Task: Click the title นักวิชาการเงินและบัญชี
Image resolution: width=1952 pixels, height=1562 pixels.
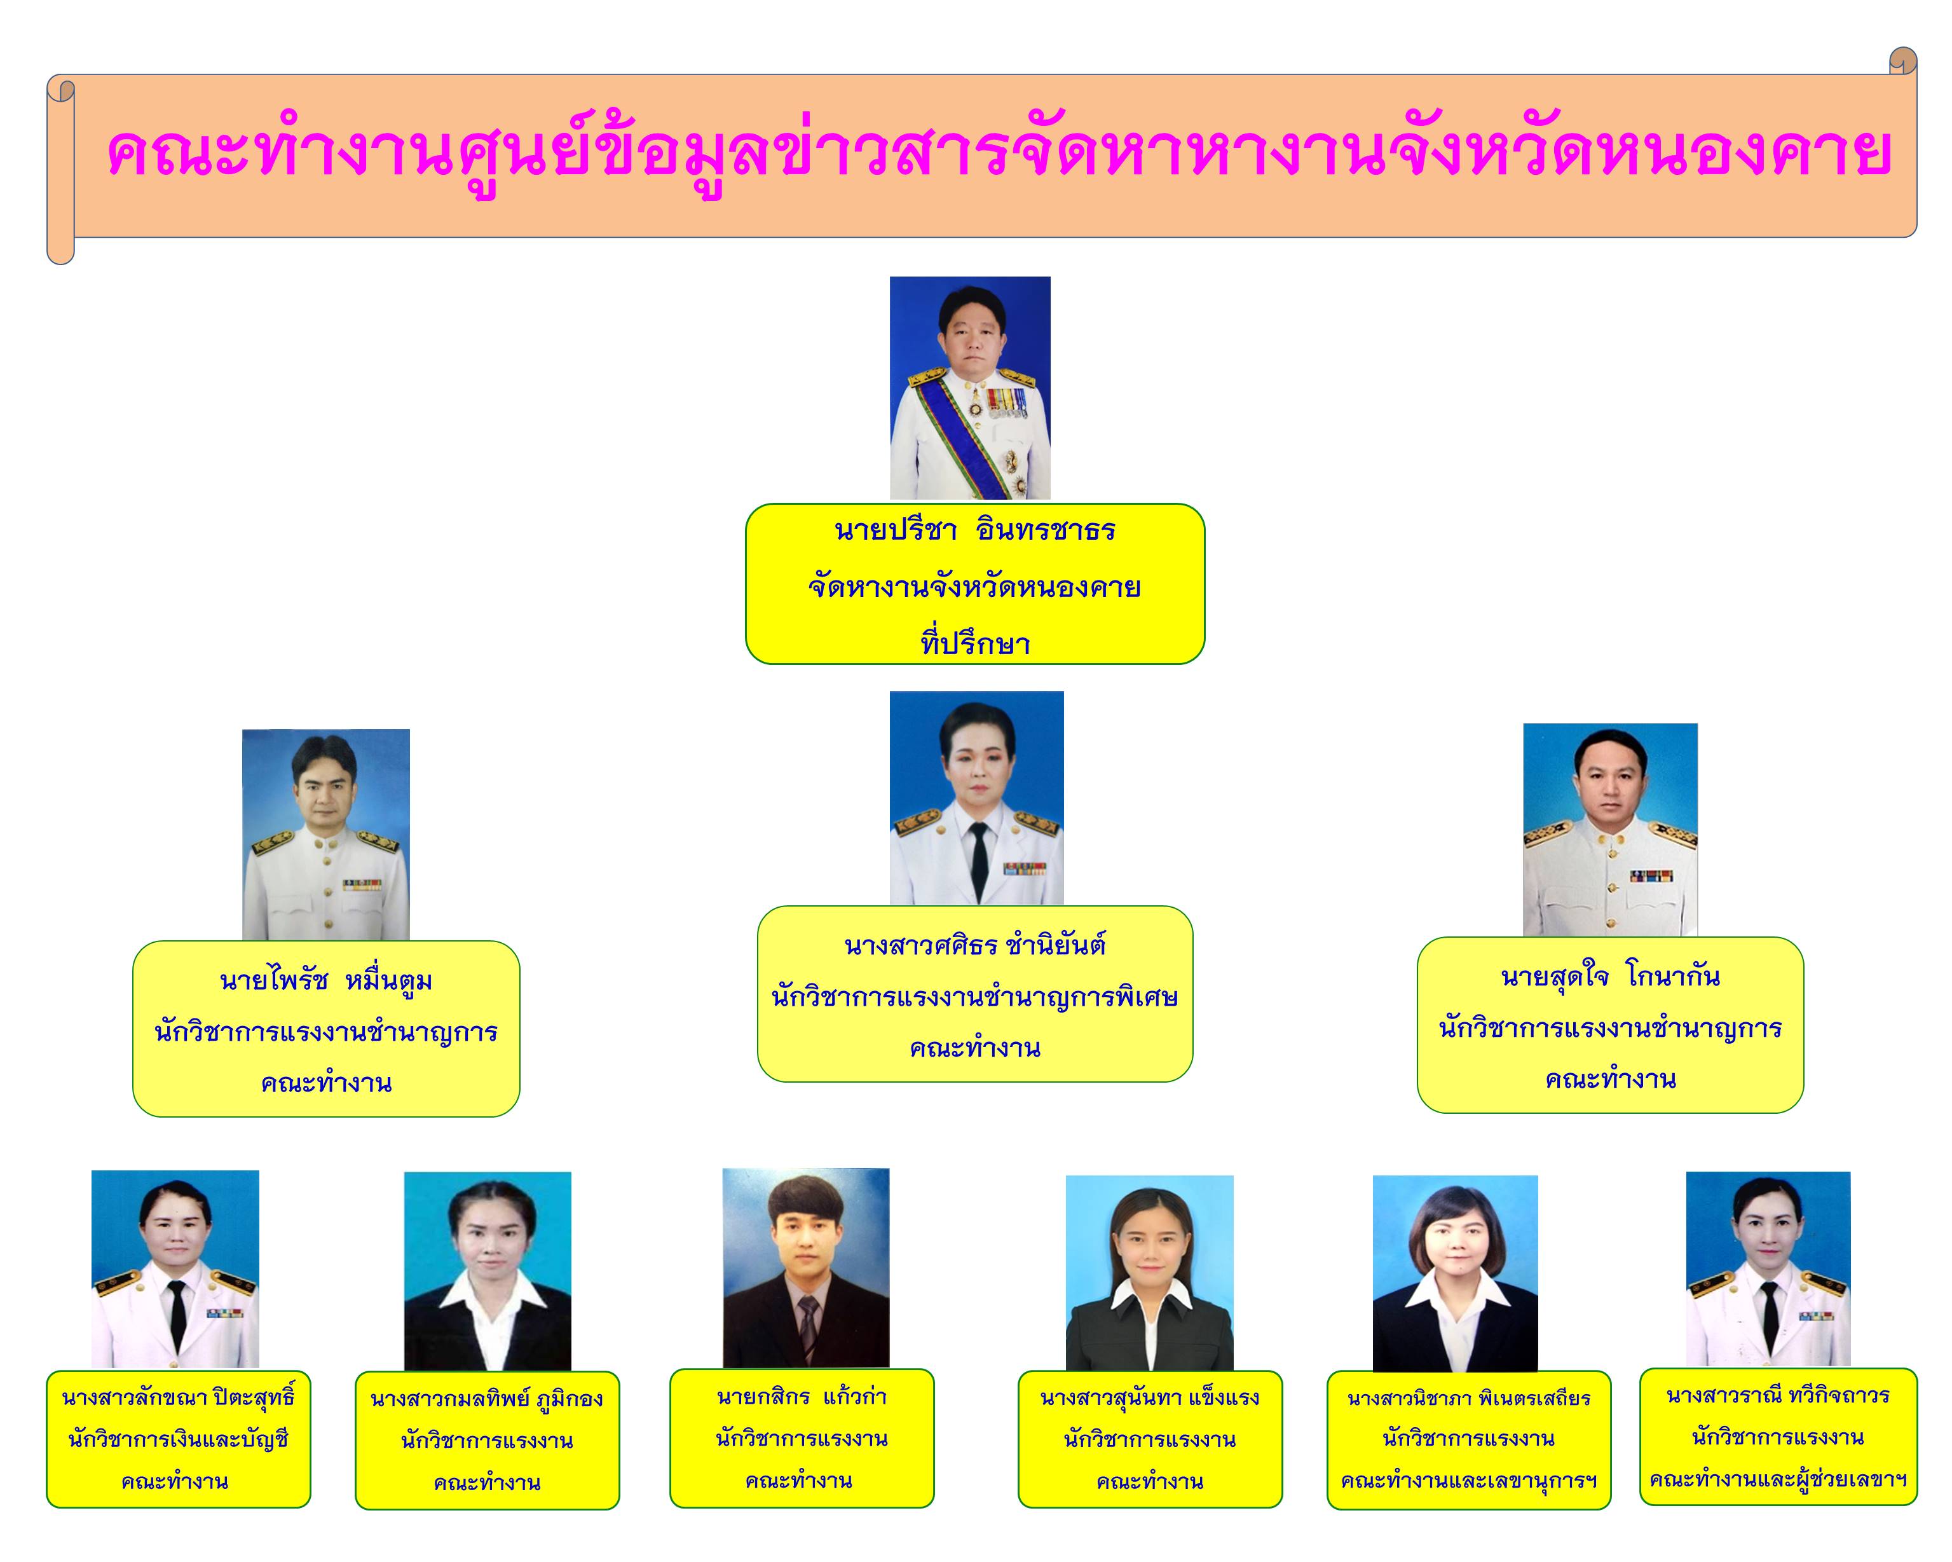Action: click(x=179, y=1439)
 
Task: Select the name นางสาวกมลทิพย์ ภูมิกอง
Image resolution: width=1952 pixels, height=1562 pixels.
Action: click(x=487, y=1399)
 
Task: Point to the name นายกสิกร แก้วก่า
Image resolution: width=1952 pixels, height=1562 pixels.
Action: click(x=802, y=1396)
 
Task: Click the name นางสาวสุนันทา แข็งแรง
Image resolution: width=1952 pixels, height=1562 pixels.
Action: click(x=1150, y=1398)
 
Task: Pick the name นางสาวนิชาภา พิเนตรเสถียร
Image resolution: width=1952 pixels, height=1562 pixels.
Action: click(x=1468, y=1398)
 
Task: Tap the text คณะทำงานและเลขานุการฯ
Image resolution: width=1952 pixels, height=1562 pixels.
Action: click(x=1468, y=1481)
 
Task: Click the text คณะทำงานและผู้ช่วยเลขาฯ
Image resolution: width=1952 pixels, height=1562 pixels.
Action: click(x=1778, y=1479)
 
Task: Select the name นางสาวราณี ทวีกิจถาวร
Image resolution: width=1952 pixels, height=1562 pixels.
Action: click(x=1778, y=1395)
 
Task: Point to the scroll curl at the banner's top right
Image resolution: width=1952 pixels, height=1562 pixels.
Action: click(x=1903, y=60)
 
